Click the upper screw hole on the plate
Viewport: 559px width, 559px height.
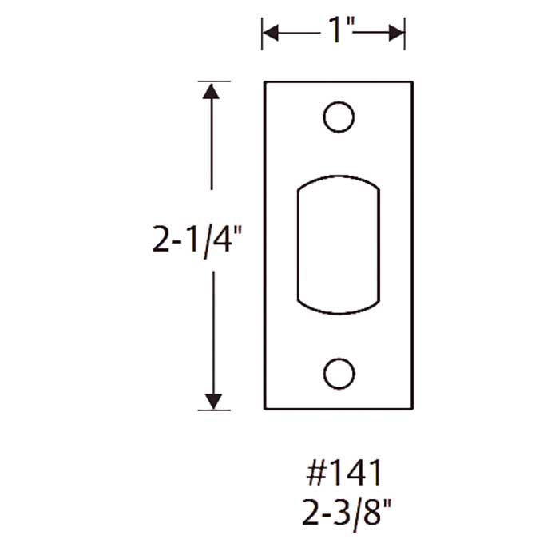(x=339, y=117)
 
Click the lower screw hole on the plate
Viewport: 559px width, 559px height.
(x=339, y=372)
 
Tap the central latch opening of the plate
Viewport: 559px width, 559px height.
(x=339, y=244)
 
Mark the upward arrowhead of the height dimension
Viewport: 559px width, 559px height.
(x=212, y=89)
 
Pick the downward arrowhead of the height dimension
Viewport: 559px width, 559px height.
(x=212, y=402)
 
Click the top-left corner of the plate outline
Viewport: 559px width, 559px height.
(x=264, y=81)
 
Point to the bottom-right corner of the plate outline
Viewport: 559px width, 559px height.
(x=412, y=409)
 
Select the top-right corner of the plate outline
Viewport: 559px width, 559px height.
(x=412, y=81)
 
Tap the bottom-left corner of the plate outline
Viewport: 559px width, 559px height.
(x=264, y=409)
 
